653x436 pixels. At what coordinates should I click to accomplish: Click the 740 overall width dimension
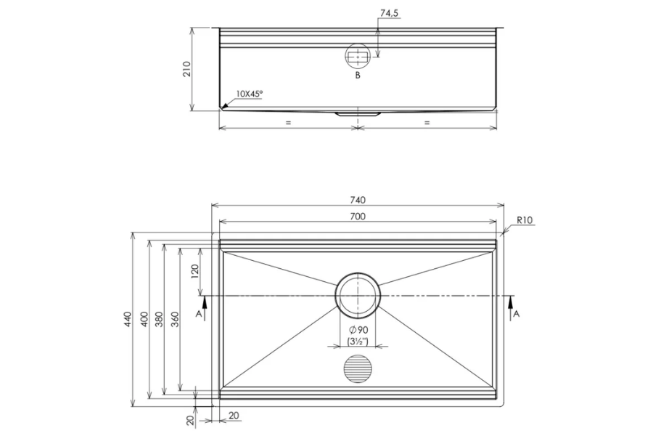pyautogui.click(x=357, y=200)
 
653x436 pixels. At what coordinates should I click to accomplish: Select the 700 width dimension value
pyautogui.click(x=357, y=216)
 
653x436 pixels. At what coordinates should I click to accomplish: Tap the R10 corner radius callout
pyautogui.click(x=526, y=220)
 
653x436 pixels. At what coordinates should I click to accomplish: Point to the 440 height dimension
pyautogui.click(x=128, y=320)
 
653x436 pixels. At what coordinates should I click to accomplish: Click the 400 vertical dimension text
pyautogui.click(x=144, y=320)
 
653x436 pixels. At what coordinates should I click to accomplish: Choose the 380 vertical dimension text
pyautogui.click(x=160, y=320)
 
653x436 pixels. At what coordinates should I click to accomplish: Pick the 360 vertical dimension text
pyautogui.click(x=175, y=320)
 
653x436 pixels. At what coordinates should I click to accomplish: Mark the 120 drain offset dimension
pyautogui.click(x=194, y=272)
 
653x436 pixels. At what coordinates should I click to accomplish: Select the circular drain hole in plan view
pyautogui.click(x=356, y=296)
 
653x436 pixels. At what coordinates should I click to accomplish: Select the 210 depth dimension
pyautogui.click(x=186, y=69)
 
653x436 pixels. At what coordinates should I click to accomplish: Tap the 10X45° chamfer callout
pyautogui.click(x=249, y=94)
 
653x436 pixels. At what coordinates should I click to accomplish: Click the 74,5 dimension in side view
pyautogui.click(x=390, y=13)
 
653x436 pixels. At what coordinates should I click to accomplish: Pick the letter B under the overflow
pyautogui.click(x=357, y=75)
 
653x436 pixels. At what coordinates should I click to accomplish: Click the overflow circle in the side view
pyautogui.click(x=357, y=56)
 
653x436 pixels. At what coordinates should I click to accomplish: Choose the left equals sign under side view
pyautogui.click(x=288, y=123)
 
